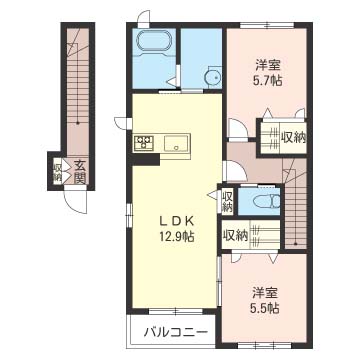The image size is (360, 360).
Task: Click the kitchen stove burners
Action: pyautogui.click(x=143, y=143)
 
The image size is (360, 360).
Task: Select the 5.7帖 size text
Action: pyautogui.click(x=263, y=80)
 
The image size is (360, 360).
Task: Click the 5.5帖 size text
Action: pyautogui.click(x=265, y=309)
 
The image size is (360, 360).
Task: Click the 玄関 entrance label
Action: pyautogui.click(x=79, y=172)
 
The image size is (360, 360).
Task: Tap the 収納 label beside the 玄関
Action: pyautogui.click(x=57, y=172)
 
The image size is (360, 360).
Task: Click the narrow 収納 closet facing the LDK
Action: pyautogui.click(x=227, y=201)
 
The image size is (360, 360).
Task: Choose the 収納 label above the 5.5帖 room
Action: pyautogui.click(x=236, y=236)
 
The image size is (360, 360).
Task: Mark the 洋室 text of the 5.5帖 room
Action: pyautogui.click(x=265, y=293)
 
